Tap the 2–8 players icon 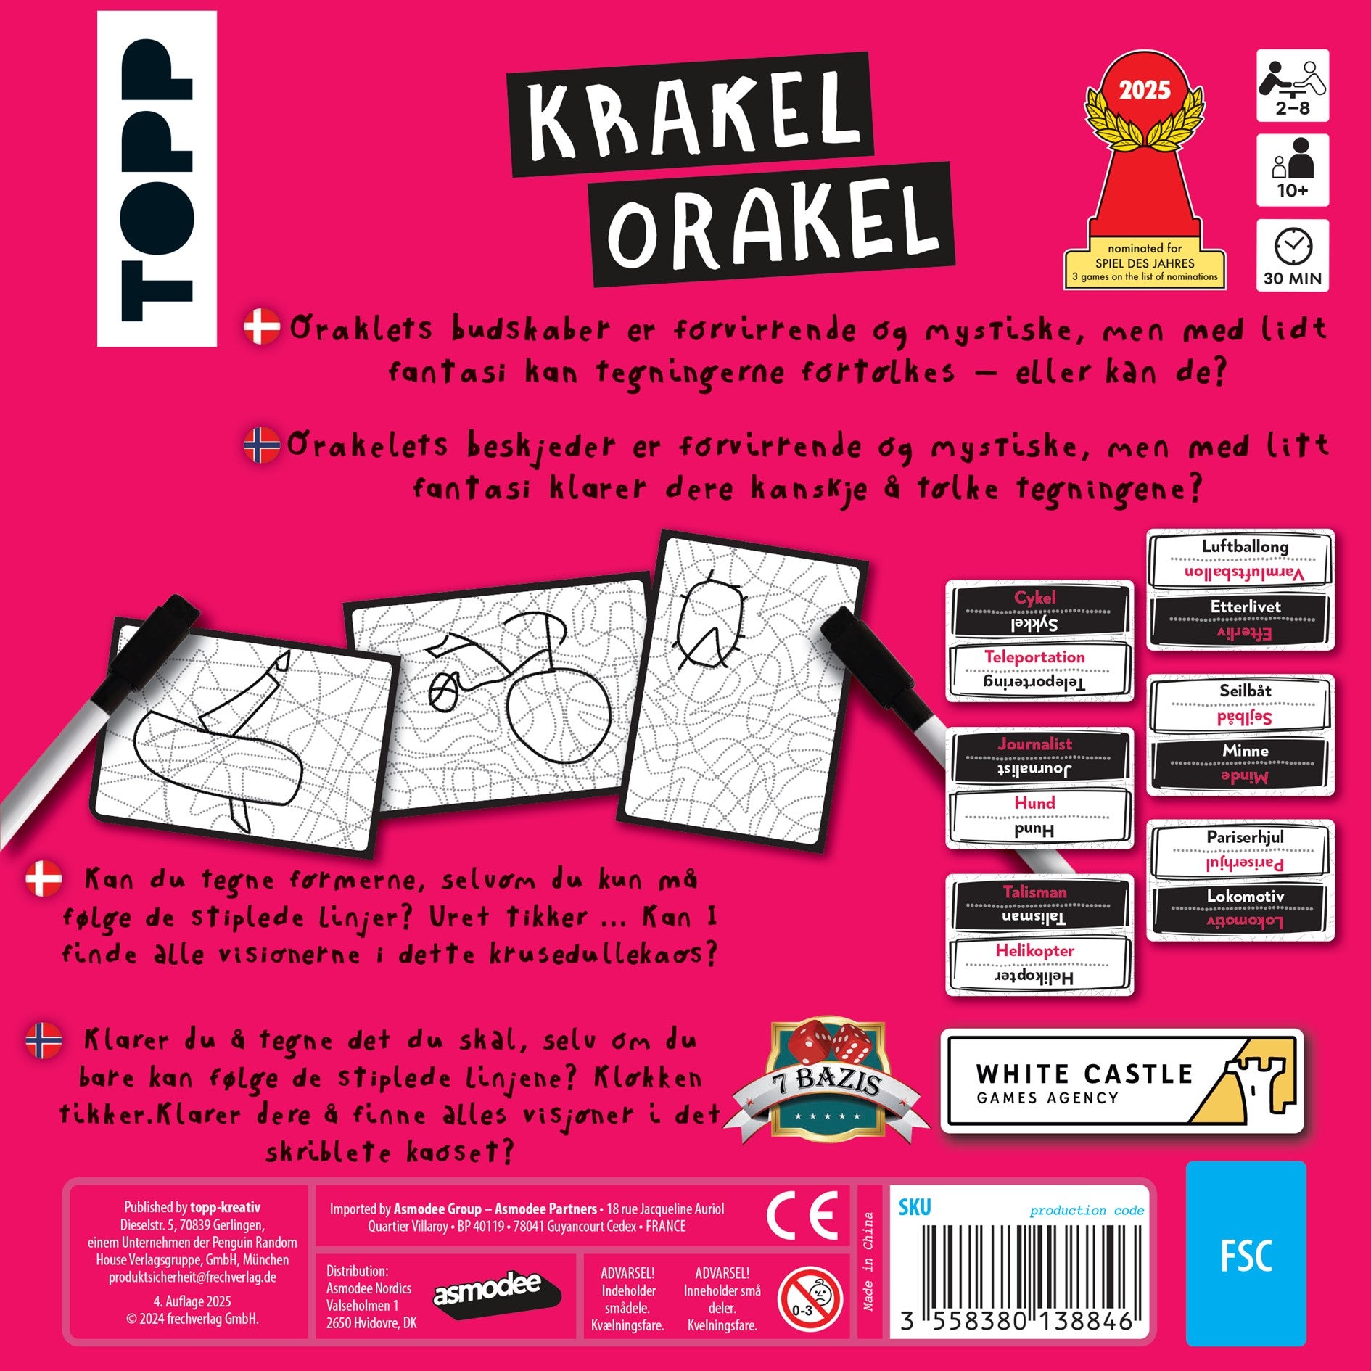1292,86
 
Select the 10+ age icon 1292,170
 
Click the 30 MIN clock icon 1292,255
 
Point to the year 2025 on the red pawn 1145,90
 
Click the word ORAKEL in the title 773,223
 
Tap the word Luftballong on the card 1245,546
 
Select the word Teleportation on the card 1034,656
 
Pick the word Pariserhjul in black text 1245,836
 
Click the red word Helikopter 1034,950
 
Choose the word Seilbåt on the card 1245,691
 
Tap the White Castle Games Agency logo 1121,1081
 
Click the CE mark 802,1214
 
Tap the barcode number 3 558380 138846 1016,1321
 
